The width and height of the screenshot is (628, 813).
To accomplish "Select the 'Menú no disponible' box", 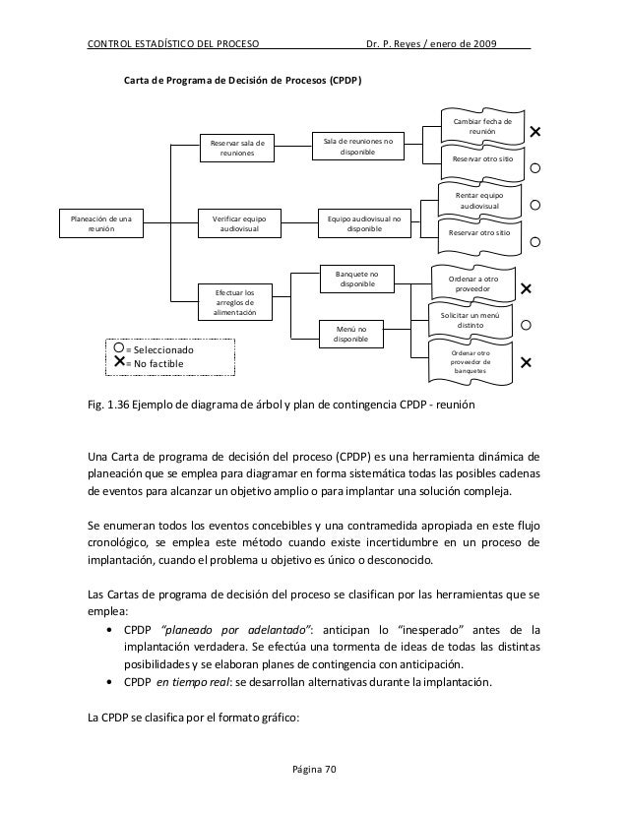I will pos(351,334).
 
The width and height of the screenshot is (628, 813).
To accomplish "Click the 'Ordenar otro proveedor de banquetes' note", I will pos(474,361).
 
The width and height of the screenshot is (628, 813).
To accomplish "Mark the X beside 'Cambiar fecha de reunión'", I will pos(536,132).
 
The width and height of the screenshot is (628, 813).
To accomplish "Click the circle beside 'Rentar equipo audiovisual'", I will pos(536,206).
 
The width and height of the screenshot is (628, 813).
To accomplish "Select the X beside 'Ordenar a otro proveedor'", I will pos(525,289).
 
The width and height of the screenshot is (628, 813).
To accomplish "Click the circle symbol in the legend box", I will pos(119,348).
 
